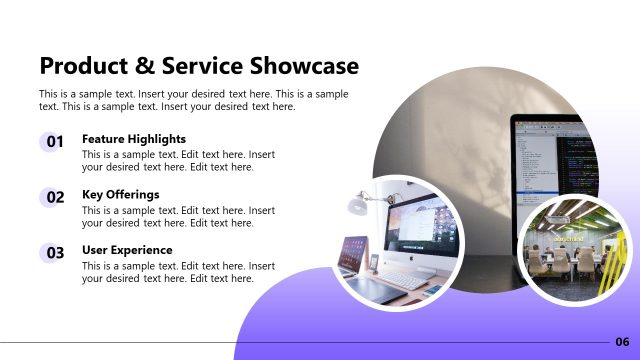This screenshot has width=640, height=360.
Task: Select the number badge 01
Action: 55,142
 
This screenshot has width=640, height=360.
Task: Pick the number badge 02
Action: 55,198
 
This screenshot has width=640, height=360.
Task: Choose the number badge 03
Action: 55,253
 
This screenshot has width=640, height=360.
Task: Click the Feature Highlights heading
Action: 134,139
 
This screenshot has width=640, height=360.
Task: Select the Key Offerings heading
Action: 120,194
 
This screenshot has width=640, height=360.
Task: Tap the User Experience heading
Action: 127,250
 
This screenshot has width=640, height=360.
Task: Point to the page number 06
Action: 622,342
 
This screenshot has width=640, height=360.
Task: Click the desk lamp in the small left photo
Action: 356,205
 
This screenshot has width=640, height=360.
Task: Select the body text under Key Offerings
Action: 178,217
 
